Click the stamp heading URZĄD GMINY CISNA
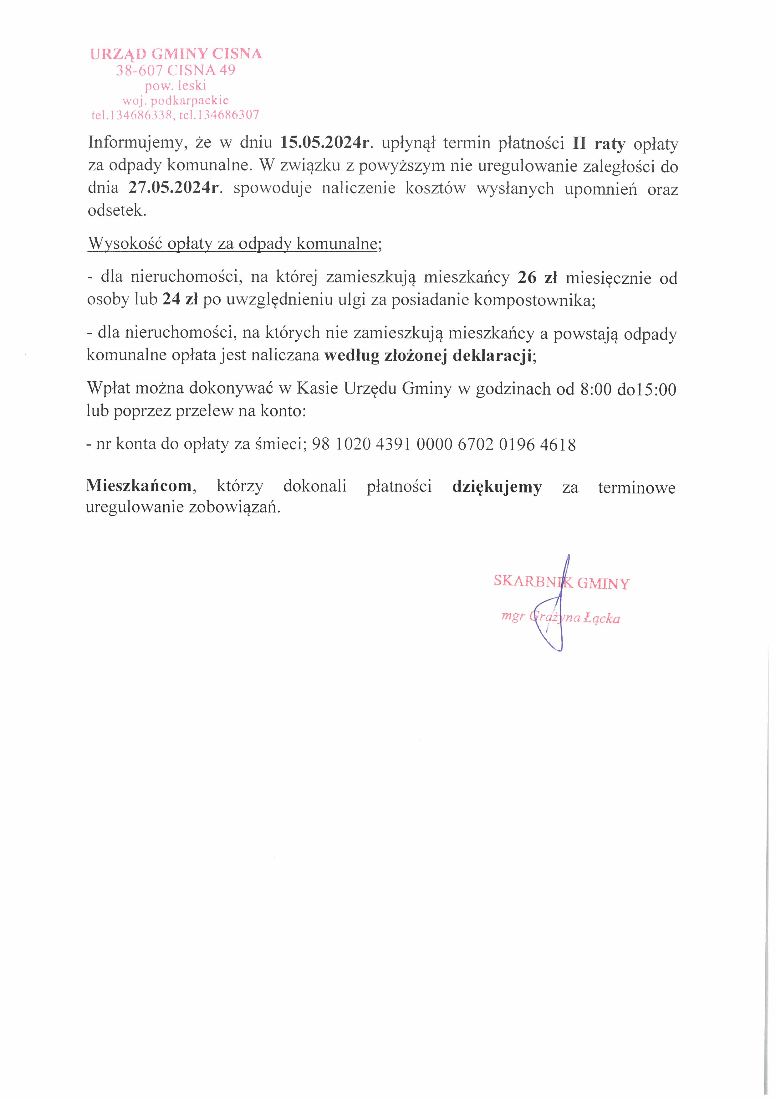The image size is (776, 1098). click(x=176, y=54)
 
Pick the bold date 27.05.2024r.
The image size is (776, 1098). click(x=174, y=188)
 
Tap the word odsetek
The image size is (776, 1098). click(x=117, y=210)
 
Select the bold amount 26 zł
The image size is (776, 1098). click(x=538, y=277)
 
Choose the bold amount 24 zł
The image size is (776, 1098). click(x=180, y=299)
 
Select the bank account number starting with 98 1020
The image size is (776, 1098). click(x=443, y=445)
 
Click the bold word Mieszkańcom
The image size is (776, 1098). click(x=139, y=486)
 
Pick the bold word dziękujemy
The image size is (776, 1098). click(x=497, y=487)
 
